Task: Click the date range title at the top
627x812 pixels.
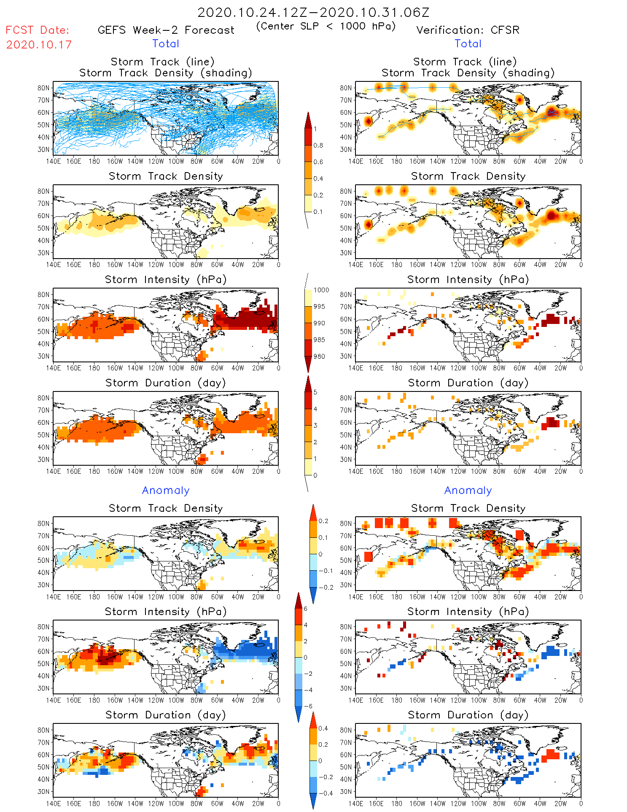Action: point(313,12)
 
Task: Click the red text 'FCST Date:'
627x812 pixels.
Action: point(38,30)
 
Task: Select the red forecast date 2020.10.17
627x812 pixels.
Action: point(39,45)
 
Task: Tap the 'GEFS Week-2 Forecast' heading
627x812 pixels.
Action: point(166,30)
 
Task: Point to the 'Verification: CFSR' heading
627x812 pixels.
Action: point(468,30)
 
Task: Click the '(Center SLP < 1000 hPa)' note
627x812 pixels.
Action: point(326,26)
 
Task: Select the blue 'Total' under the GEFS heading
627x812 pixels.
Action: point(166,43)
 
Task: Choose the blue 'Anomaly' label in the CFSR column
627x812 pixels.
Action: point(468,490)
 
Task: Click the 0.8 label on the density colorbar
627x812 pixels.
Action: point(318,146)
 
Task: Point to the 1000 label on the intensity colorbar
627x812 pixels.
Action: point(321,290)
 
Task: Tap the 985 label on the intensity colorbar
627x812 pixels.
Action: point(319,340)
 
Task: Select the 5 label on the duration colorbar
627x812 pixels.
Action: point(315,392)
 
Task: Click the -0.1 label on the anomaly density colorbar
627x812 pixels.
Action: point(326,571)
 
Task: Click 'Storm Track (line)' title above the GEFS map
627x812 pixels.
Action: point(162,62)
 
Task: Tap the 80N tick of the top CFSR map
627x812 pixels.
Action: point(346,88)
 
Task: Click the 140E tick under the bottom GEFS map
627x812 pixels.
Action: point(53,804)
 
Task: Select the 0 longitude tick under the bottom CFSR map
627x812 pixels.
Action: point(581,804)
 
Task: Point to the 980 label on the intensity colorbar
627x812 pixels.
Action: point(319,356)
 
